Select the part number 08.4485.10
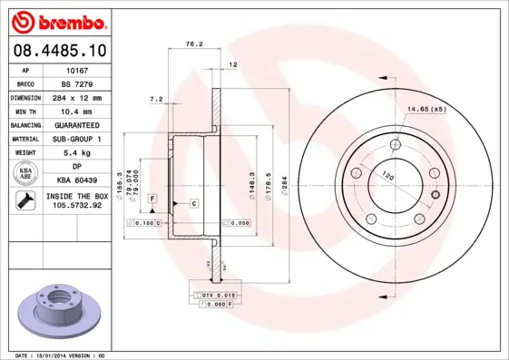[56, 51]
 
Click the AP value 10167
[77, 70]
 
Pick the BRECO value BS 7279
[77, 83]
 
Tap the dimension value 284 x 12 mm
[77, 97]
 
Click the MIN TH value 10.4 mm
[77, 111]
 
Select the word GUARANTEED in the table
[77, 125]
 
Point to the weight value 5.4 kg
[77, 153]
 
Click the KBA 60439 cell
[77, 181]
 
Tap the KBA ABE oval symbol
[25, 174]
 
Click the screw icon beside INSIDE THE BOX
[25, 201]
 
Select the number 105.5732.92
[77, 206]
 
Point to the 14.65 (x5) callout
[426, 110]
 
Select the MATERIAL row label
[25, 139]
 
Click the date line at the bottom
[62, 355]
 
